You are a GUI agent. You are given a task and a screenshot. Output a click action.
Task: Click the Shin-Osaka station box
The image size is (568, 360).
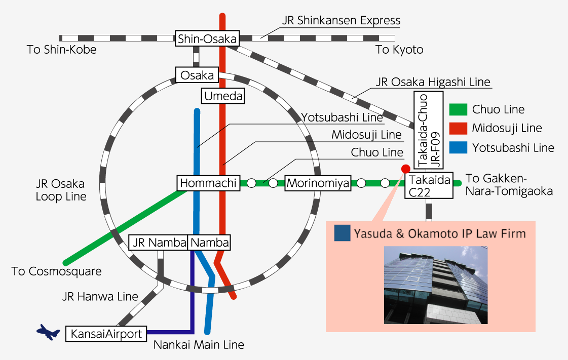(x=207, y=38)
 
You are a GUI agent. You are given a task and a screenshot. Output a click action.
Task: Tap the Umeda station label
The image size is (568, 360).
(x=223, y=96)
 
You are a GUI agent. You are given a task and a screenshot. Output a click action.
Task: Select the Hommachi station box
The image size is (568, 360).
(x=208, y=183)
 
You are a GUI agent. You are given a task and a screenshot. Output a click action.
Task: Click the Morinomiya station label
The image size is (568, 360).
(x=318, y=183)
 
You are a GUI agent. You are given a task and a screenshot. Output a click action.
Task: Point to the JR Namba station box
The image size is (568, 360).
(x=158, y=243)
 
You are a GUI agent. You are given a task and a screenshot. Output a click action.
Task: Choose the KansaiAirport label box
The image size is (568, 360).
(x=106, y=334)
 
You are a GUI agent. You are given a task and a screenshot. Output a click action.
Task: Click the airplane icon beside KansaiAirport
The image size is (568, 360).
(x=48, y=332)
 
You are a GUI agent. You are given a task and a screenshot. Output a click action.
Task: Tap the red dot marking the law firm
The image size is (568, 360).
(x=406, y=169)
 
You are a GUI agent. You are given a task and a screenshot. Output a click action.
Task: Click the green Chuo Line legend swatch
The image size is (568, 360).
(x=458, y=109)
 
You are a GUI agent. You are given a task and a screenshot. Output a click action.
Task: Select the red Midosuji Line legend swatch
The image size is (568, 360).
(x=458, y=128)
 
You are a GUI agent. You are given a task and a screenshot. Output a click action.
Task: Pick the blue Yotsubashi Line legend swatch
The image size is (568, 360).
(x=458, y=147)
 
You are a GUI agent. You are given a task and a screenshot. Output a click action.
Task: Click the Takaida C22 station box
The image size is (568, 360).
(x=429, y=185)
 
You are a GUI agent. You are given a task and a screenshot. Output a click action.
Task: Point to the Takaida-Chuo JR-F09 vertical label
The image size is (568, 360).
(x=429, y=131)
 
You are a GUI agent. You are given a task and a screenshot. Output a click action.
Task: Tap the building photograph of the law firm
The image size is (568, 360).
(x=436, y=285)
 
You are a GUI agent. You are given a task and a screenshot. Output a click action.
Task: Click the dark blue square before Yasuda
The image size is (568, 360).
(x=343, y=233)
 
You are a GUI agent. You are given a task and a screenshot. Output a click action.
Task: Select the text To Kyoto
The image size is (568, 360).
(x=399, y=50)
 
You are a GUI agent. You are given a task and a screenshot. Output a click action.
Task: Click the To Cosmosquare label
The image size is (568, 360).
(x=57, y=271)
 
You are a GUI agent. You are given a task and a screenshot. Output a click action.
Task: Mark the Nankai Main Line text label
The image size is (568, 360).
(x=199, y=345)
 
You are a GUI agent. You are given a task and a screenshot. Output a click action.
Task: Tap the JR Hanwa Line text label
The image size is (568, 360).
(x=100, y=297)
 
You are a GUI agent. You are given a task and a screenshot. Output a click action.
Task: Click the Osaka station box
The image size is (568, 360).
(x=197, y=75)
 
